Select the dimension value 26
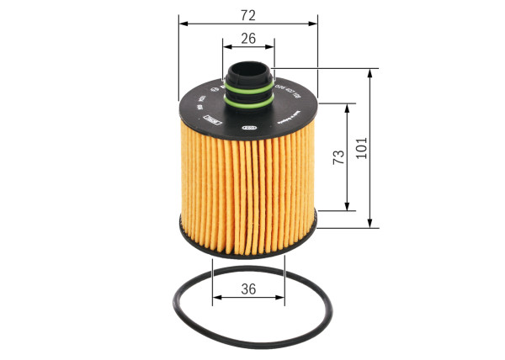point(248,38)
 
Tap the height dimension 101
point(363,150)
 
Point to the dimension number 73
point(338,157)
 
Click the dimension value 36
point(248,289)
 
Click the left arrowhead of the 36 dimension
point(216,299)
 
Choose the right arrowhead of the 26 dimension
point(271,48)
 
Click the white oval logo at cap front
point(249,128)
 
